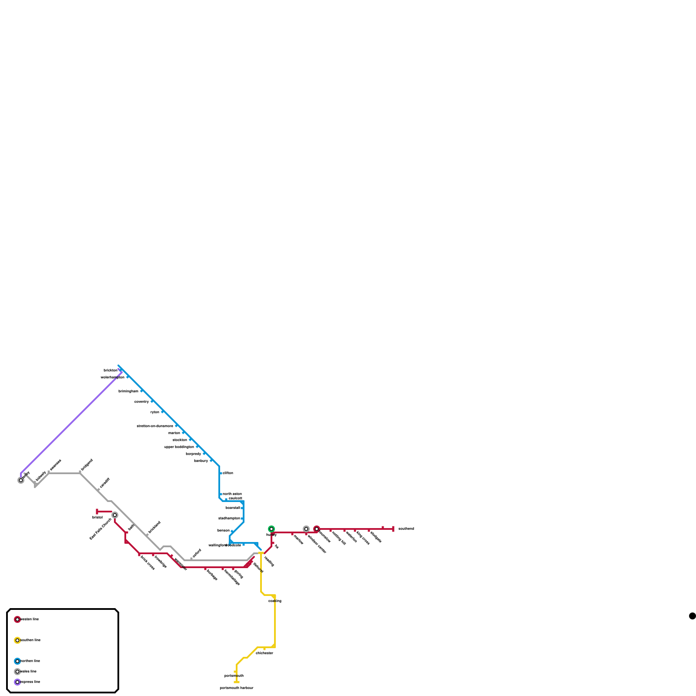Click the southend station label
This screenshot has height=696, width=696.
tap(406, 529)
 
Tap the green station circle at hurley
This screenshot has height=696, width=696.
tap(271, 529)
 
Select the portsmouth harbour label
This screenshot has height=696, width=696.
tap(236, 688)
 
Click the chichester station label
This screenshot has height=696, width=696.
tap(264, 653)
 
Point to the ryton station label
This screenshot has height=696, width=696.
tap(155, 412)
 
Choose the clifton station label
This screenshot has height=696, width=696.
tap(228, 473)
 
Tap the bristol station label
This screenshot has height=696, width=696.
tap(97, 518)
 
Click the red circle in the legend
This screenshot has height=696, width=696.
tap(17, 619)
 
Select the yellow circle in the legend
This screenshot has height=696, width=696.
tap(17, 640)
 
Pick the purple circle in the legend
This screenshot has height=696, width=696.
tap(17, 682)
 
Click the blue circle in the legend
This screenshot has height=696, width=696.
tap(17, 661)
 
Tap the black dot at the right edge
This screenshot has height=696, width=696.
tap(692, 616)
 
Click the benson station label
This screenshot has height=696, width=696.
tap(224, 531)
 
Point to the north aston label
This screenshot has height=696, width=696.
tap(232, 494)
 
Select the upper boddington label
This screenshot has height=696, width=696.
tap(179, 447)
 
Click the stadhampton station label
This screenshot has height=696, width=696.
tap(229, 519)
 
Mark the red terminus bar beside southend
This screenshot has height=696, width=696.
tap(393, 529)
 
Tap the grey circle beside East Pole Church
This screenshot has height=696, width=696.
tap(115, 515)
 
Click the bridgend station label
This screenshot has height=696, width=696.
tap(87, 465)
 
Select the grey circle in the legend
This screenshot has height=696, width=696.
tap(17, 672)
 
